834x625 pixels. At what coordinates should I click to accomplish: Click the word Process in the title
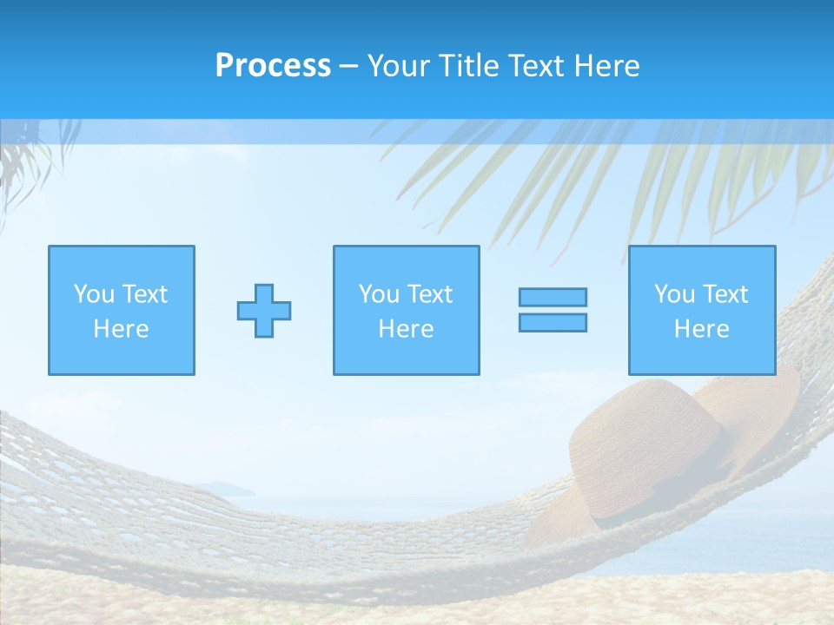(x=273, y=66)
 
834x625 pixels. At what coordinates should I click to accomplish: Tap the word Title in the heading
(x=467, y=66)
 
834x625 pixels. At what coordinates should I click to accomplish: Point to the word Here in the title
(x=606, y=66)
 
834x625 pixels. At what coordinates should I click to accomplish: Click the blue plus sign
(x=264, y=311)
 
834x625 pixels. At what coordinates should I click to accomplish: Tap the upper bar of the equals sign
(x=553, y=297)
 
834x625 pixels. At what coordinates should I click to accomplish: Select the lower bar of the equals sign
(x=553, y=323)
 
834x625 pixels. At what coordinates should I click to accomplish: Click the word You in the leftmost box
(x=93, y=294)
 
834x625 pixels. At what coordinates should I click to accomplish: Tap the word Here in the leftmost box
(x=122, y=329)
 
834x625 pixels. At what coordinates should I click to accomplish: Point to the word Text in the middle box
(x=429, y=294)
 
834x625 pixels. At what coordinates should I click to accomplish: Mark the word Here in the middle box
(x=406, y=329)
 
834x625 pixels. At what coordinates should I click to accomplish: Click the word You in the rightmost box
(x=674, y=294)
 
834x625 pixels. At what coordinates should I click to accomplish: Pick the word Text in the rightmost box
(x=725, y=294)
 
